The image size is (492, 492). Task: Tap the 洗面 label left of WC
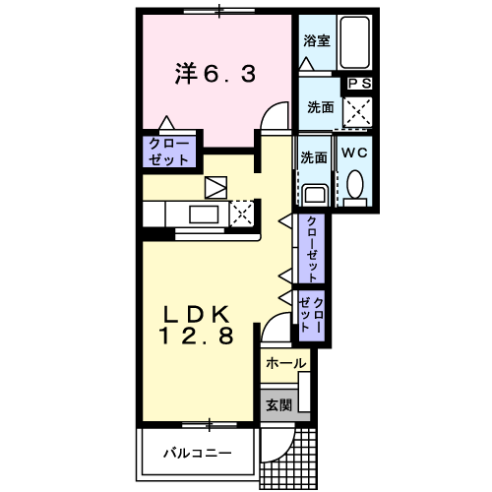click(x=314, y=156)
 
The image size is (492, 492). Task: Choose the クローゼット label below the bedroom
click(x=169, y=152)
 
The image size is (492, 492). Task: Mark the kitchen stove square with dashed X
click(x=242, y=212)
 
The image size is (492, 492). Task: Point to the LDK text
click(x=196, y=315)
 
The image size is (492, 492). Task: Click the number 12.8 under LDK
click(x=196, y=338)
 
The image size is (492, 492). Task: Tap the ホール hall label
click(x=285, y=364)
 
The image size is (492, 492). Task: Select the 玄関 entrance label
click(x=277, y=404)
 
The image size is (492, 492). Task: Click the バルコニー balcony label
click(x=197, y=454)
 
